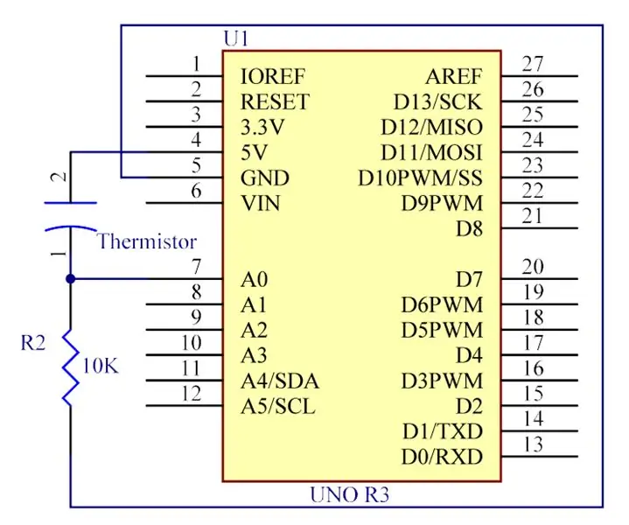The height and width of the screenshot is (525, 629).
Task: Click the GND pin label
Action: (x=265, y=178)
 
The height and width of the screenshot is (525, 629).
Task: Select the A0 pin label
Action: (x=254, y=279)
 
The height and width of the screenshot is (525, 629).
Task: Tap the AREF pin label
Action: (x=454, y=77)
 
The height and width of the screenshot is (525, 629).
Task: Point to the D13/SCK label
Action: (x=437, y=102)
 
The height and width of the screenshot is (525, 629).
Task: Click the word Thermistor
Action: (x=147, y=241)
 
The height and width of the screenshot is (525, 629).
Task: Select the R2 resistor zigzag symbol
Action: (x=71, y=367)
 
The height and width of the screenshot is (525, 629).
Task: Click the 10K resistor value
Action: (x=101, y=366)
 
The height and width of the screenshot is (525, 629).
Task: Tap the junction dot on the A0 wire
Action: (x=71, y=278)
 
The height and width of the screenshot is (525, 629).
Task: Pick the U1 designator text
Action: (x=236, y=38)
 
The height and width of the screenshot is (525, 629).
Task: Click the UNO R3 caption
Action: (x=349, y=494)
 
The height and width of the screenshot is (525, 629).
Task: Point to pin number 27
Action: (x=533, y=64)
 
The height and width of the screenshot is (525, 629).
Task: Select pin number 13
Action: (x=534, y=444)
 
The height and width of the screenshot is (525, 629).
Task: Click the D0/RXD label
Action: (x=442, y=457)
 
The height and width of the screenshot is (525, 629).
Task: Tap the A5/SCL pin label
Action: (x=278, y=407)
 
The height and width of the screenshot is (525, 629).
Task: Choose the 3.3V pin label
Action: (x=262, y=128)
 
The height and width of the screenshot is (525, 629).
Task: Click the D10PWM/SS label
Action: (x=420, y=178)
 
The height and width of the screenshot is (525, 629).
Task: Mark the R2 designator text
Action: (x=33, y=343)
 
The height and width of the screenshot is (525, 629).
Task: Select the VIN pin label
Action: (x=261, y=204)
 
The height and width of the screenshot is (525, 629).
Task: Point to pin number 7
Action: (x=196, y=267)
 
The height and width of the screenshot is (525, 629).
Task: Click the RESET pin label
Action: (x=276, y=102)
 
